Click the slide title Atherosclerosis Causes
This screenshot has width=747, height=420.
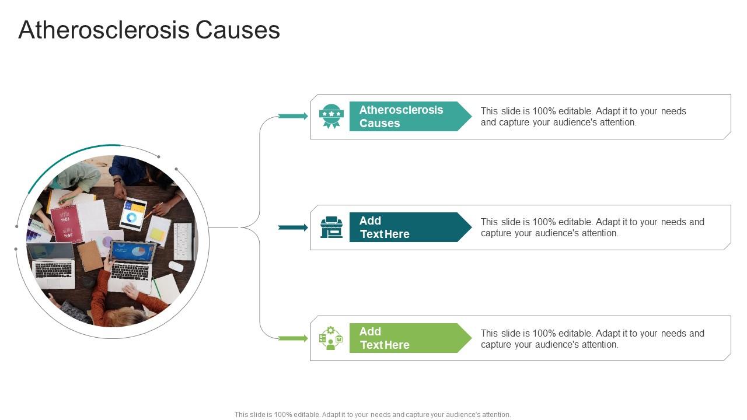pyautogui.click(x=149, y=30)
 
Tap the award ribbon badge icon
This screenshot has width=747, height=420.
pyautogui.click(x=331, y=116)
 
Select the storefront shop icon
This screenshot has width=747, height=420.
pyautogui.click(x=331, y=228)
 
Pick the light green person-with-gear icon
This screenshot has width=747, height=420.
pyautogui.click(x=331, y=338)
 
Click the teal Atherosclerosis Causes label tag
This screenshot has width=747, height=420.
pyautogui.click(x=409, y=116)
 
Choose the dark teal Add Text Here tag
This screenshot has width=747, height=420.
pyautogui.click(x=409, y=228)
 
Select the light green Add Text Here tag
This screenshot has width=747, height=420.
pyautogui.click(x=409, y=338)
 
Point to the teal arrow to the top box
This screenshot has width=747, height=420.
pyautogui.click(x=293, y=116)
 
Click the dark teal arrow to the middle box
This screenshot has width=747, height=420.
pyautogui.click(x=293, y=228)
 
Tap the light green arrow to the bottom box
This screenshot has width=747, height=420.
pyautogui.click(x=293, y=338)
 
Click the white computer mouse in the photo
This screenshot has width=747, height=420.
pyautogui.click(x=176, y=267)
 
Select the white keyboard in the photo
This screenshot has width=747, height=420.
pyautogui.click(x=182, y=241)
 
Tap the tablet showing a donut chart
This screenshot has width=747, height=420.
pyautogui.click(x=133, y=214)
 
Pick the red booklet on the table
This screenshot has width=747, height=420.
pyautogui.click(x=67, y=223)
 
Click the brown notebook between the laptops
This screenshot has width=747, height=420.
pyautogui.click(x=90, y=256)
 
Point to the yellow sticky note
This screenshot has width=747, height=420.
pyautogui.click(x=158, y=234)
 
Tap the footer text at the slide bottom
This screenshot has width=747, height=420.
pyautogui.click(x=373, y=415)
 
